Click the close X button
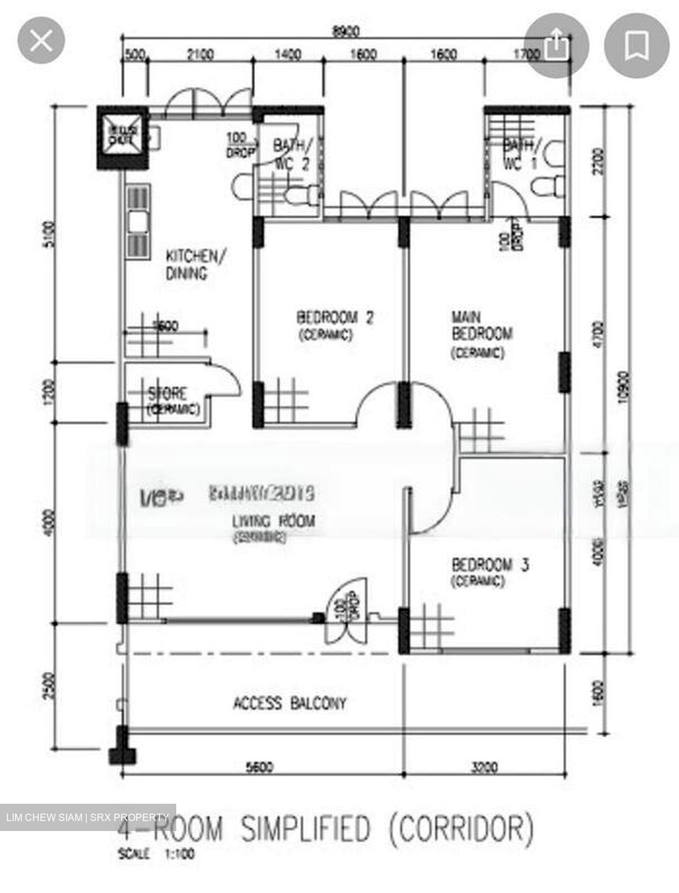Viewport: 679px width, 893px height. point(41,41)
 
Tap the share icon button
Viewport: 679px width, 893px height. point(556,45)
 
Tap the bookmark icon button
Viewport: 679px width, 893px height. point(636,45)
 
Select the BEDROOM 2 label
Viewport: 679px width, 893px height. point(335,318)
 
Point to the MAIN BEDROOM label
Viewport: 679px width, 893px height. point(482,326)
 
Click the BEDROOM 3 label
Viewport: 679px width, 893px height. point(490,565)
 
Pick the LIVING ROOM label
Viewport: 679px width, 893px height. point(273,521)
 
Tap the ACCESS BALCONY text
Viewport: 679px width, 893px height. point(289,703)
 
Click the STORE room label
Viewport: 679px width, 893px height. point(167,394)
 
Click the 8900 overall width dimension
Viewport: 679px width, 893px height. point(346,31)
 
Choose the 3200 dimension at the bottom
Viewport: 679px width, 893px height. point(484,768)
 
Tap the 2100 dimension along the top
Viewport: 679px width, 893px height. point(200,55)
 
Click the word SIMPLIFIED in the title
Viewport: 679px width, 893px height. point(305,829)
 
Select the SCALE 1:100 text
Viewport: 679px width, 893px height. point(156,854)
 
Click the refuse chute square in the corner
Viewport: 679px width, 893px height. point(122,137)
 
